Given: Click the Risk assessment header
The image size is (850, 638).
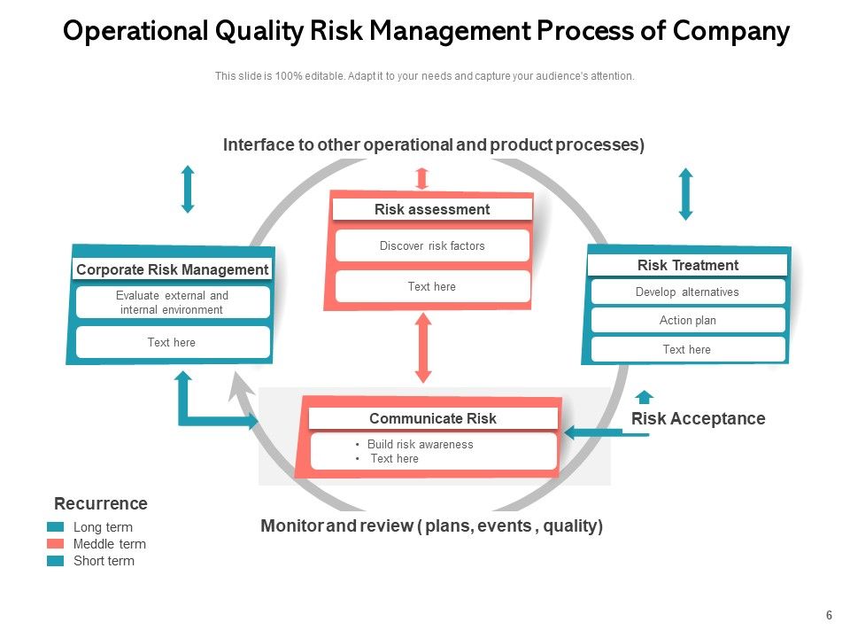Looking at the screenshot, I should point(432,210).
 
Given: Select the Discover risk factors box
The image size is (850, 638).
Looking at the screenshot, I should point(432,246).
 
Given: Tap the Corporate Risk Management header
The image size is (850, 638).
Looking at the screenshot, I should point(172,269).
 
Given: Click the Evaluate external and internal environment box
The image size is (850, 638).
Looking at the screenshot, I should point(172,302).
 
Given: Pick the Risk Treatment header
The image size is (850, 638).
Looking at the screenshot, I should point(687,265).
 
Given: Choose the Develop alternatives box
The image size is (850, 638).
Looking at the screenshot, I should point(687,292).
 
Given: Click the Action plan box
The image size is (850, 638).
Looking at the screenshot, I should point(687,321).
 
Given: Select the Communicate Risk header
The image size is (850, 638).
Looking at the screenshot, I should point(432,418).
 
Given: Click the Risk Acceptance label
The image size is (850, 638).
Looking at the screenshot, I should point(698,418).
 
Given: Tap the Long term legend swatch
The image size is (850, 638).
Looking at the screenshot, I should point(56,527).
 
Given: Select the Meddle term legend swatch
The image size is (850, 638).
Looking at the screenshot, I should point(56,544).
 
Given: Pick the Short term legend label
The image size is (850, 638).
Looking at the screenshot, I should point(104,561).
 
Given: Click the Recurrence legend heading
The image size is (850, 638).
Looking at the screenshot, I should point(101,504).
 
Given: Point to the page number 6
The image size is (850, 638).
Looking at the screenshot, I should point(829,616).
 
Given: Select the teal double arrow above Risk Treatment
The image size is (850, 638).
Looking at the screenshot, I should point(685,194).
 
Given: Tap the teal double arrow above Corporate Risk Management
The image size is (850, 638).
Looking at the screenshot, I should point(187,189).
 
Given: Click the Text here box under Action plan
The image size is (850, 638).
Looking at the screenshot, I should point(687,350).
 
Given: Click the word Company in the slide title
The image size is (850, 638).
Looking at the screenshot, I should point(730,32).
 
